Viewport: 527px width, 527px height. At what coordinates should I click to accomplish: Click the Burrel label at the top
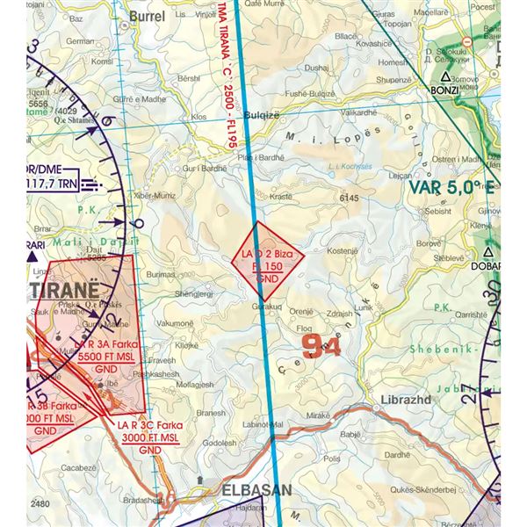[x=147, y=16]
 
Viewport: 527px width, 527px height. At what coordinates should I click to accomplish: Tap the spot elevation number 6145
[x=350, y=199]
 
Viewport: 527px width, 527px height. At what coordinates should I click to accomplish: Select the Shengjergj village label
[x=195, y=293]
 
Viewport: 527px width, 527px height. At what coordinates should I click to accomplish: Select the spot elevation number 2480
[x=38, y=503]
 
